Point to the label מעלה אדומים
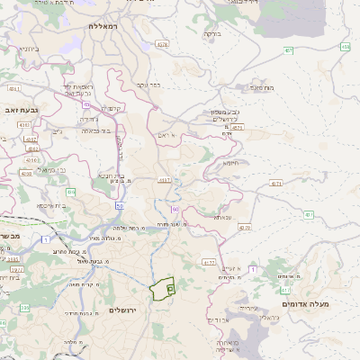tap(306, 304)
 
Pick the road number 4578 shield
tap(162, 44)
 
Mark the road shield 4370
tap(245, 229)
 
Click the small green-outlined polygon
tap(162, 289)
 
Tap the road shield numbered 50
tap(120, 206)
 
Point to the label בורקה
tap(212, 33)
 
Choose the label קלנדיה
tap(112, 108)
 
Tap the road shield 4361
tap(13, 89)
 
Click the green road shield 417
tap(285, 291)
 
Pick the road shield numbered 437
tap(309, 215)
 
